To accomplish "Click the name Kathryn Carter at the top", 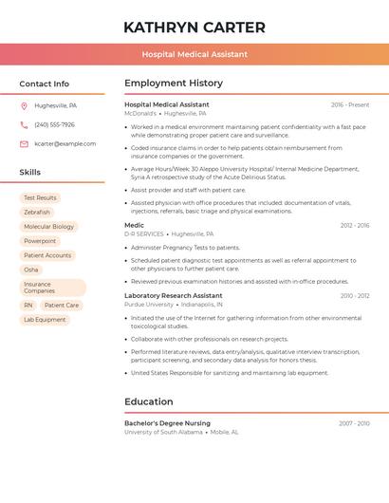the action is point(194,28).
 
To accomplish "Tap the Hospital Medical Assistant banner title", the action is point(194,54).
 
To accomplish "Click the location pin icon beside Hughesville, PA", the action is point(24,106).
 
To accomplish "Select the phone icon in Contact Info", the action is point(24,125).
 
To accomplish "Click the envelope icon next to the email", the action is point(24,144).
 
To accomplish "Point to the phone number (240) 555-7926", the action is point(54,125).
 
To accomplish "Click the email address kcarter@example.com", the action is point(65,144).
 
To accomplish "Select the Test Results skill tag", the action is point(40,198).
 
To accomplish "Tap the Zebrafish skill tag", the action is point(37,213).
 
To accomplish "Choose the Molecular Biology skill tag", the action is point(48,227).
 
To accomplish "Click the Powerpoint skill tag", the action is point(40,241).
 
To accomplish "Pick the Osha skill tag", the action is point(31,270).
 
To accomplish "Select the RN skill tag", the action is point(28,306).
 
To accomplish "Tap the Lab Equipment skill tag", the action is point(45,320).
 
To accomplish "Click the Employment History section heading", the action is point(174,84).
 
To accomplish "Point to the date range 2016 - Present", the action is point(350,105).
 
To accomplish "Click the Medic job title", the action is point(134,226).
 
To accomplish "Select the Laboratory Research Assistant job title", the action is point(173,296).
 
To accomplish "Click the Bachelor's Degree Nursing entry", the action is point(167,423).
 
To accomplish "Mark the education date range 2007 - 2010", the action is point(354,423).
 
